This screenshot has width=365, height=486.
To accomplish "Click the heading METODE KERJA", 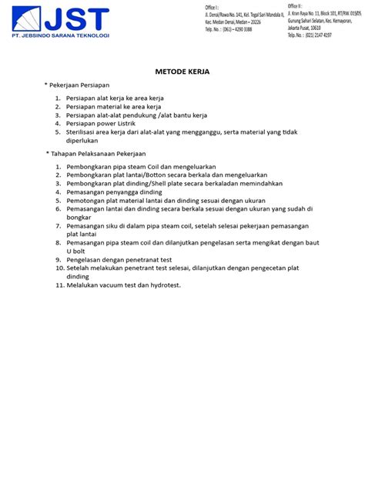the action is click(182, 71).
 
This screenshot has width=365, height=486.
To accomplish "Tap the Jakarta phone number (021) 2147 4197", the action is click(322, 35).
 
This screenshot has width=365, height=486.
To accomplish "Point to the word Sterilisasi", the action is click(83, 132).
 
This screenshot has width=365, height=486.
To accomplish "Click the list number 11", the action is click(58, 285).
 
